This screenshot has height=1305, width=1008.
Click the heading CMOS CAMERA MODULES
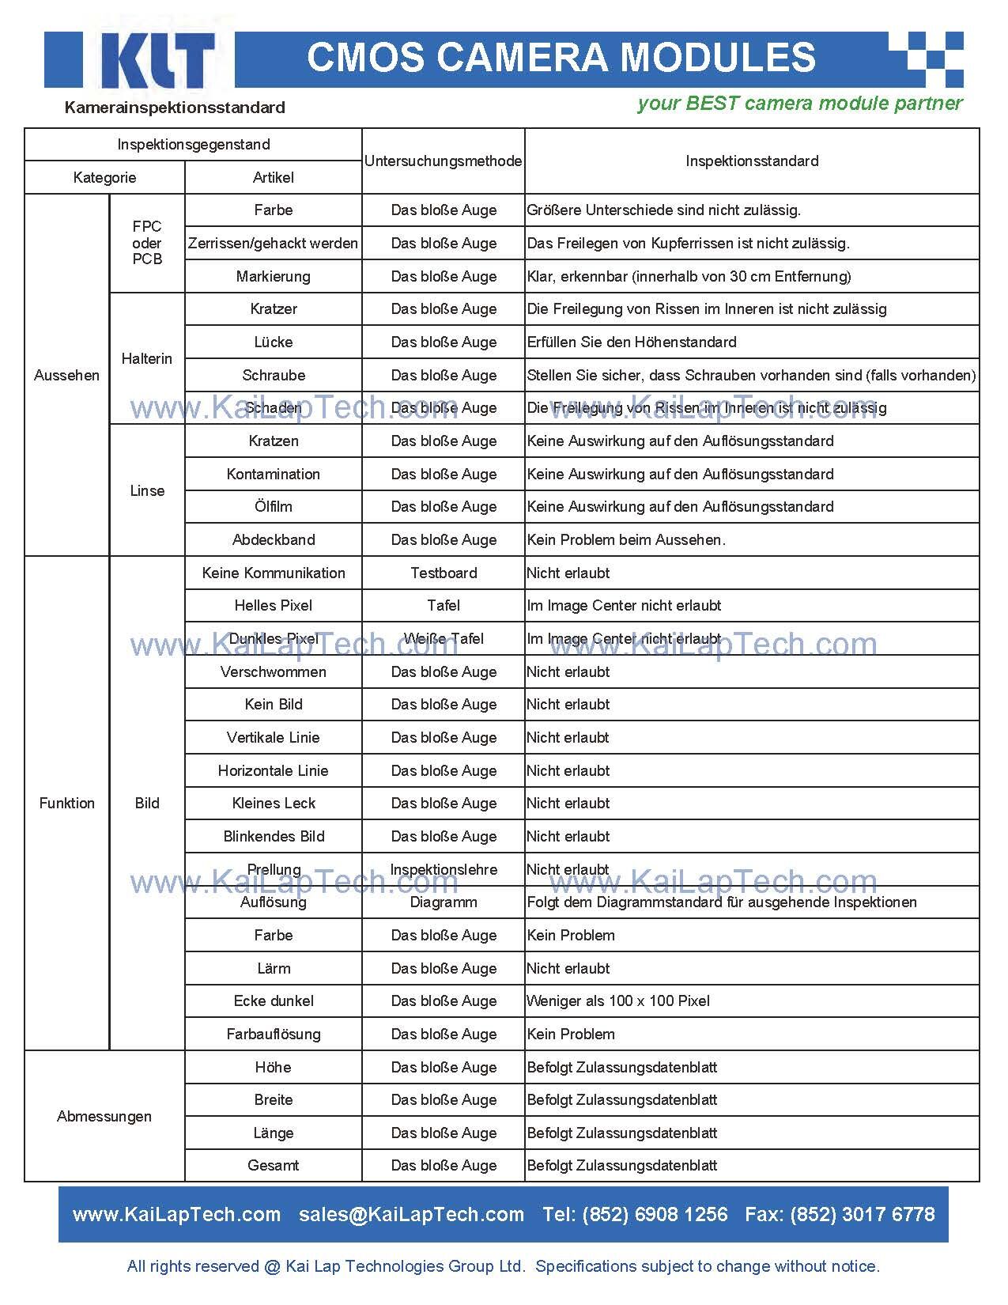(x=561, y=58)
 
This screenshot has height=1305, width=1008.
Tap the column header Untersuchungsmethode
(x=443, y=161)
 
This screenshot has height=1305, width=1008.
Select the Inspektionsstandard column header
(x=752, y=161)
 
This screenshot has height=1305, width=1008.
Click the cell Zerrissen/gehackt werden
(x=273, y=244)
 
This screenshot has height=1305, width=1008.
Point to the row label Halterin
(x=146, y=359)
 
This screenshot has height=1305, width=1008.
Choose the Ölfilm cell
(x=273, y=507)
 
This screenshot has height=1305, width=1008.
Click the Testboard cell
(x=444, y=573)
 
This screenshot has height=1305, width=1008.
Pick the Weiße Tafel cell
(x=444, y=639)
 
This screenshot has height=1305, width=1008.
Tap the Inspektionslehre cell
(x=444, y=870)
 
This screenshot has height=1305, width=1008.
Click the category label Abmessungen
(x=104, y=1117)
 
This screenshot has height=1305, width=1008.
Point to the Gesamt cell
(x=273, y=1166)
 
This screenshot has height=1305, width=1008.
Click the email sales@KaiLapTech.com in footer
(x=411, y=1215)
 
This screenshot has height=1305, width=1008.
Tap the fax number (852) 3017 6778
(x=863, y=1215)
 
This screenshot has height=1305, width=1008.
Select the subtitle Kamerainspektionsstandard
(x=175, y=108)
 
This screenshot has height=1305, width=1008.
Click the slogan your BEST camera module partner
(x=799, y=104)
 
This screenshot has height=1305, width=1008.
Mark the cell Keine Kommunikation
(x=273, y=573)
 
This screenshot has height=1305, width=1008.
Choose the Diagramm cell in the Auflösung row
(x=444, y=902)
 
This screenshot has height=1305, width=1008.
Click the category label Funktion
(x=67, y=804)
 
